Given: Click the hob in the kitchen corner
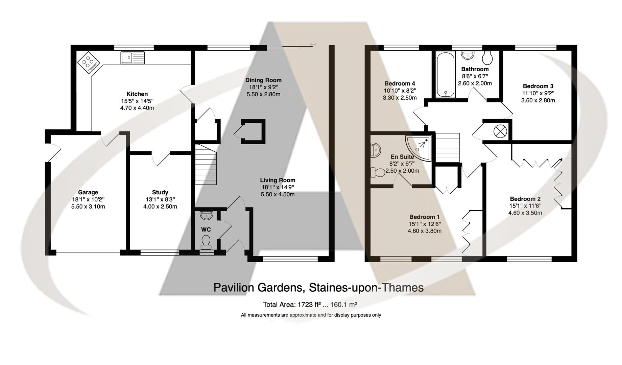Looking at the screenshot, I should click(x=88, y=62).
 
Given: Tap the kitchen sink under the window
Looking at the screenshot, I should click(x=132, y=58).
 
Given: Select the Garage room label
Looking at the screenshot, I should click(x=88, y=192).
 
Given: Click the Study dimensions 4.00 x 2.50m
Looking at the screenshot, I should click(x=160, y=206).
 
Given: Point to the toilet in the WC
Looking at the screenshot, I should click(x=206, y=242).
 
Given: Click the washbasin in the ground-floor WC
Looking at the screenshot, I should click(x=206, y=215).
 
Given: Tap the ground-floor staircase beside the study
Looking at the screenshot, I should click(x=206, y=165).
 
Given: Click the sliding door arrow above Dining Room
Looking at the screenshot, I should click(x=313, y=44).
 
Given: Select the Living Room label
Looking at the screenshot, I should click(x=278, y=180).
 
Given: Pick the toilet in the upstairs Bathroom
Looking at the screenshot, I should click(x=487, y=58).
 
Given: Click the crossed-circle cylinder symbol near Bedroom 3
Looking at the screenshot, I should click(x=500, y=131).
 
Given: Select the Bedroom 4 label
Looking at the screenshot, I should click(x=400, y=83).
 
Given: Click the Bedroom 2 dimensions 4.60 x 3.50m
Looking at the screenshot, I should click(x=525, y=213).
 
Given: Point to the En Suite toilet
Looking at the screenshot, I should click(x=377, y=173).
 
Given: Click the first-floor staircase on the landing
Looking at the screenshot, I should click(x=448, y=147).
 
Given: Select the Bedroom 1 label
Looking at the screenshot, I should click(x=424, y=217).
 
